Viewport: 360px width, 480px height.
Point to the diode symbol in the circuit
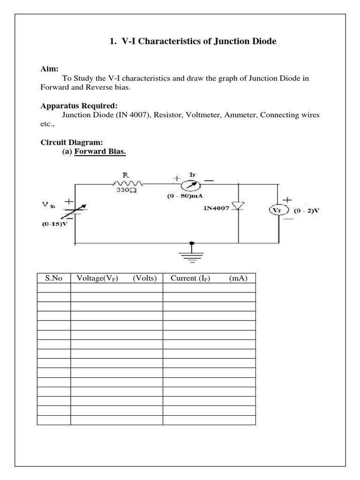click(x=239, y=207)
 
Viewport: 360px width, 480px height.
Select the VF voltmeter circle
click(x=278, y=210)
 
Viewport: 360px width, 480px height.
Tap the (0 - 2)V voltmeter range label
click(x=307, y=210)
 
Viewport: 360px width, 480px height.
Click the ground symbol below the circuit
click(x=191, y=254)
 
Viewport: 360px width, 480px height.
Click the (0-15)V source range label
click(x=55, y=224)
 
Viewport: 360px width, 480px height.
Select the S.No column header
click(x=53, y=278)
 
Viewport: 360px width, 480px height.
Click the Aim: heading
click(x=50, y=69)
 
